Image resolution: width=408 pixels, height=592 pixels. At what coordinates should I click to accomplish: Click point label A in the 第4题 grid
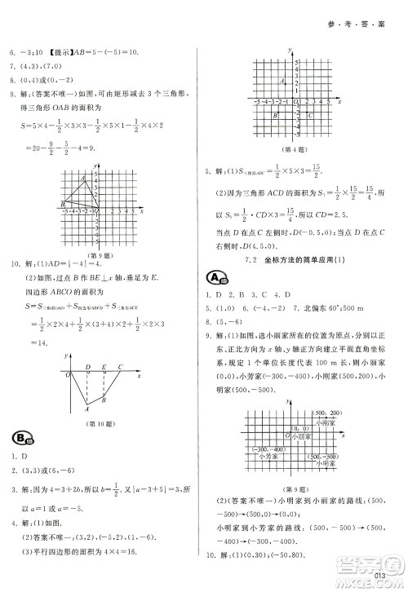click(x=282, y=81)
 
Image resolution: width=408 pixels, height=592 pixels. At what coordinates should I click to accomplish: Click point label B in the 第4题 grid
click(x=274, y=117)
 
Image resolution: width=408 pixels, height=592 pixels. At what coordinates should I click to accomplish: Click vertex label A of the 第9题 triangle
click(x=82, y=179)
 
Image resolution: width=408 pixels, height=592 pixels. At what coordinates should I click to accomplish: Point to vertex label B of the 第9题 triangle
click(x=63, y=204)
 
